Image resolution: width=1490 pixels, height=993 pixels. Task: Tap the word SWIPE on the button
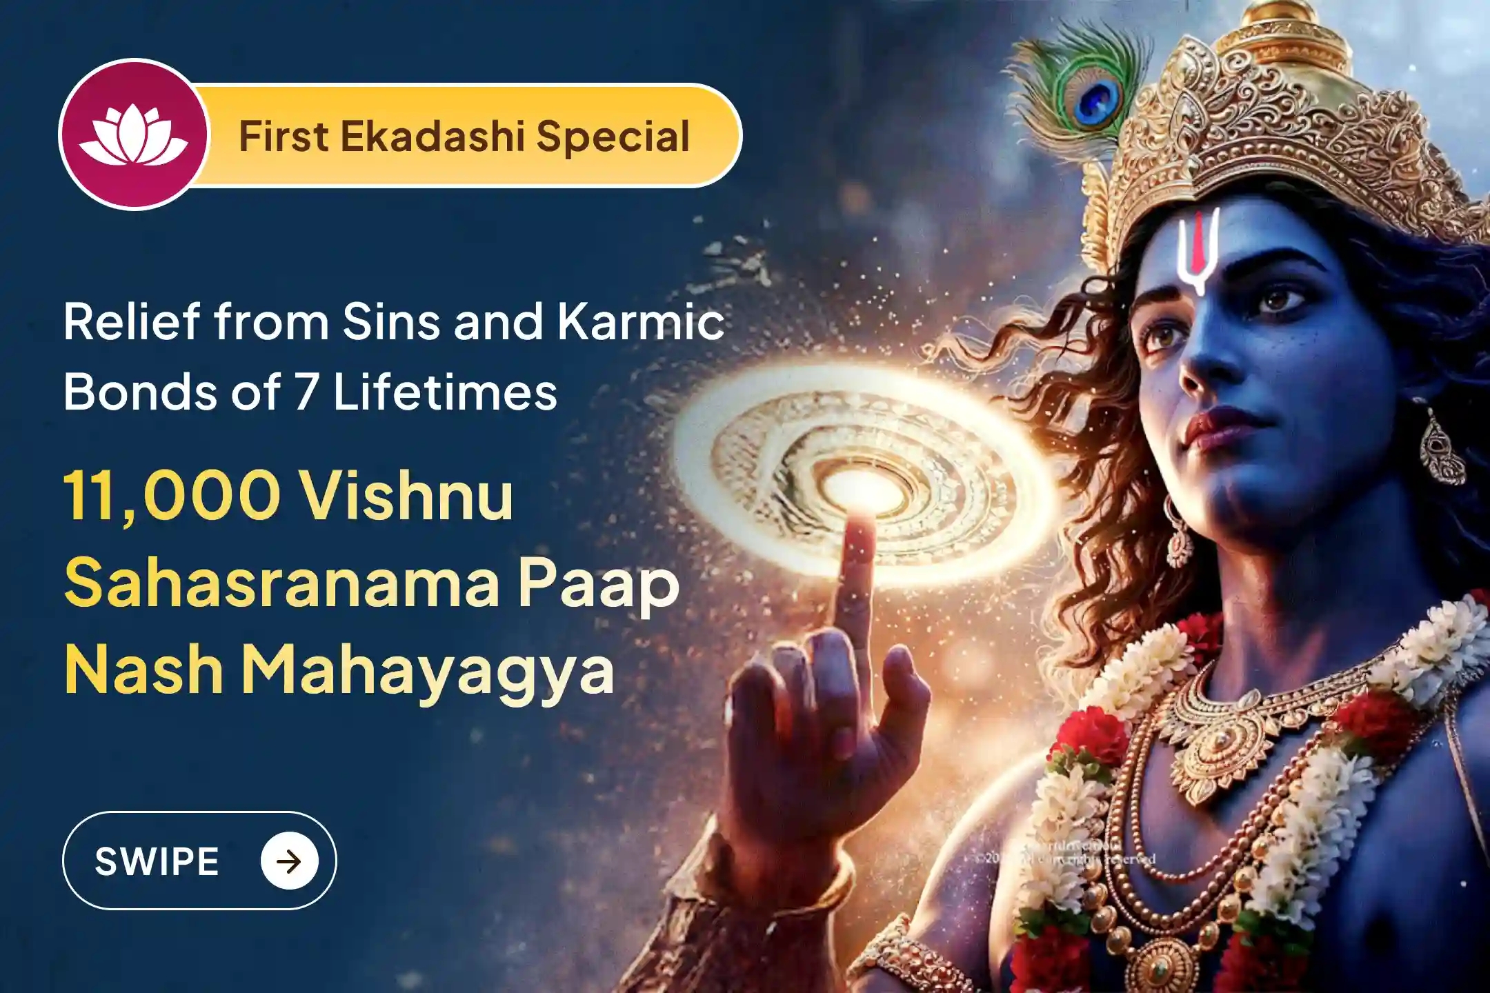click(157, 861)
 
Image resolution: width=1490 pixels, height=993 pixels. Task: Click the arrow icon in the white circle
click(289, 861)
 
